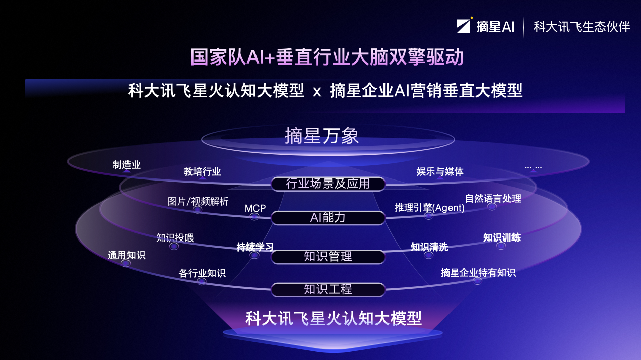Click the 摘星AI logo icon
pyautogui.click(x=464, y=26)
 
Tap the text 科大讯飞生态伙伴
pyautogui.click(x=582, y=27)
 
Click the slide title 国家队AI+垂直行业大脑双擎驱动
pyautogui.click(x=327, y=57)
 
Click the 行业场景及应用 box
pyautogui.click(x=328, y=184)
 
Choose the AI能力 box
pyautogui.click(x=328, y=218)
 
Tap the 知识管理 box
pyautogui.click(x=328, y=257)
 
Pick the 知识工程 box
pyautogui.click(x=328, y=290)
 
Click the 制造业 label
pyautogui.click(x=126, y=165)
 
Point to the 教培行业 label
pyautogui.click(x=202, y=172)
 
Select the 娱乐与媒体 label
pyautogui.click(x=440, y=172)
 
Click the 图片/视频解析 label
pyautogui.click(x=198, y=202)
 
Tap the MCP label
pyautogui.click(x=255, y=209)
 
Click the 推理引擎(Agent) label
pyautogui.click(x=429, y=208)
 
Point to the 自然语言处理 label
pyautogui.click(x=493, y=199)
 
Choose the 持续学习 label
pyautogui.click(x=255, y=247)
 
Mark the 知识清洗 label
pyautogui.click(x=429, y=247)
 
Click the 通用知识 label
pyautogui.click(x=126, y=255)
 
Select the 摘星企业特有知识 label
pyautogui.click(x=478, y=273)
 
